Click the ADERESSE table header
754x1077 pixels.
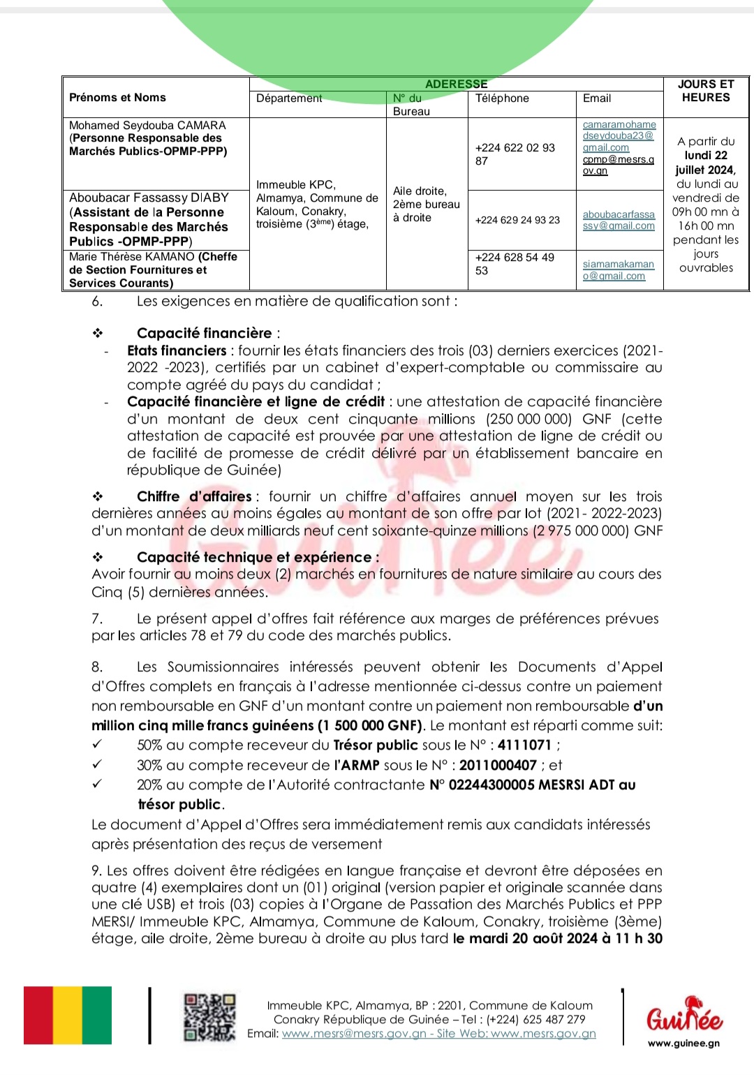456,84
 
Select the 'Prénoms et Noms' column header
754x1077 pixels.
117,98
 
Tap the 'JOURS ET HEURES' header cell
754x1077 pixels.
706,91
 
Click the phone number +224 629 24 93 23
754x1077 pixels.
517,220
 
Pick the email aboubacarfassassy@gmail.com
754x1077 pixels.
619,220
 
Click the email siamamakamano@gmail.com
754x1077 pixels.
619,270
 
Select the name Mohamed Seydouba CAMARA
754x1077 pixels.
147,126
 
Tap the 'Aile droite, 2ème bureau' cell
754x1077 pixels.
426,204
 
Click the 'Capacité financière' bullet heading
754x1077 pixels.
204,333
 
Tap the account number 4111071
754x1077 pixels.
524,745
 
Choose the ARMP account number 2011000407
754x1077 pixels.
498,765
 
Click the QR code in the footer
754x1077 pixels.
209,1017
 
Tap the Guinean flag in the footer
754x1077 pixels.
68,1015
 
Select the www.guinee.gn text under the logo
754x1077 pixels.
683,1043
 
